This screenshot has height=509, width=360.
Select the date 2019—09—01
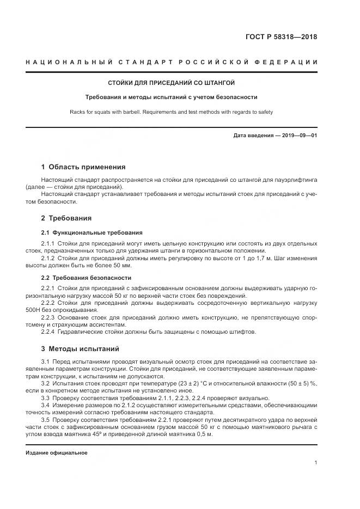[298, 135]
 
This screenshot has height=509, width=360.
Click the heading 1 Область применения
[83, 167]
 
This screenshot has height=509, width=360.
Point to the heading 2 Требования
[66, 218]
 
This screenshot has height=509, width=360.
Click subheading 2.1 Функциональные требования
[91, 232]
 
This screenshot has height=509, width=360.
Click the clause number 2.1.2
[48, 257]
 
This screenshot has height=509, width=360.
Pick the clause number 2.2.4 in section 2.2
[48, 332]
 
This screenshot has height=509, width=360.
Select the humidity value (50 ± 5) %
[303, 384]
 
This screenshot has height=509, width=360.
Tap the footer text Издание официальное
[56, 453]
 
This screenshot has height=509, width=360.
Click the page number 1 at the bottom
[315, 463]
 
